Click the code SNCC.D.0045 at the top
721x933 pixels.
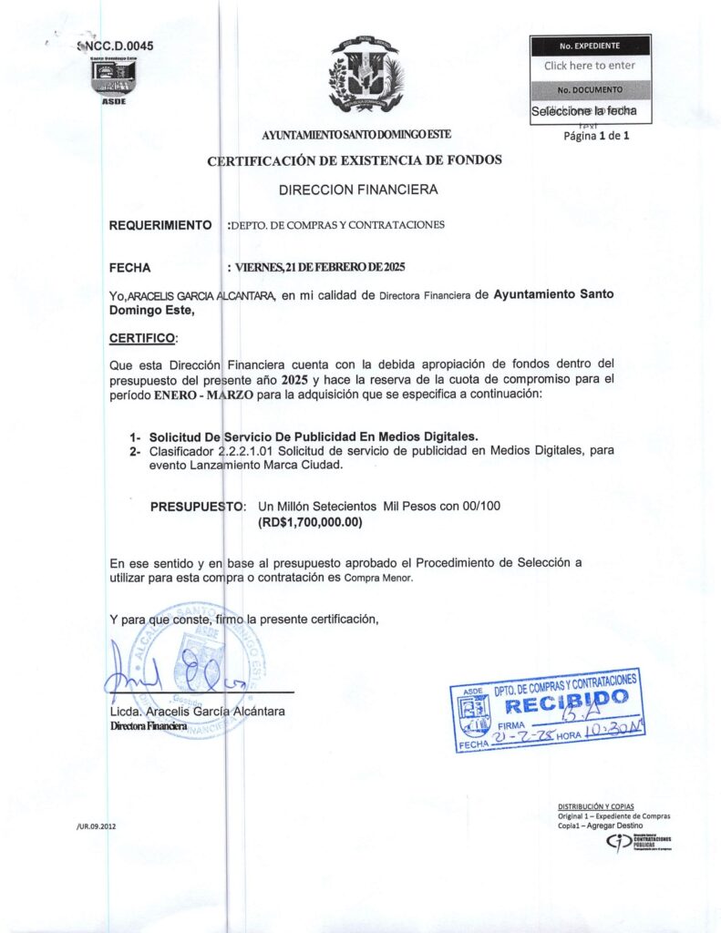117,45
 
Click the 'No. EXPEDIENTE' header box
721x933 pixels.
590,45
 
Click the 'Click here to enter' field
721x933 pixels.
590,66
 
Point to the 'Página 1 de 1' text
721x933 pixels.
597,136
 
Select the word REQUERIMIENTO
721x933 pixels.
160,225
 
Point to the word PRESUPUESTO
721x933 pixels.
197,506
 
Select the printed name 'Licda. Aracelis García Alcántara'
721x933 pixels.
197,710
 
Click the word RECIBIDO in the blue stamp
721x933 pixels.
566,702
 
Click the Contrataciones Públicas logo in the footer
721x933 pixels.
637,844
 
